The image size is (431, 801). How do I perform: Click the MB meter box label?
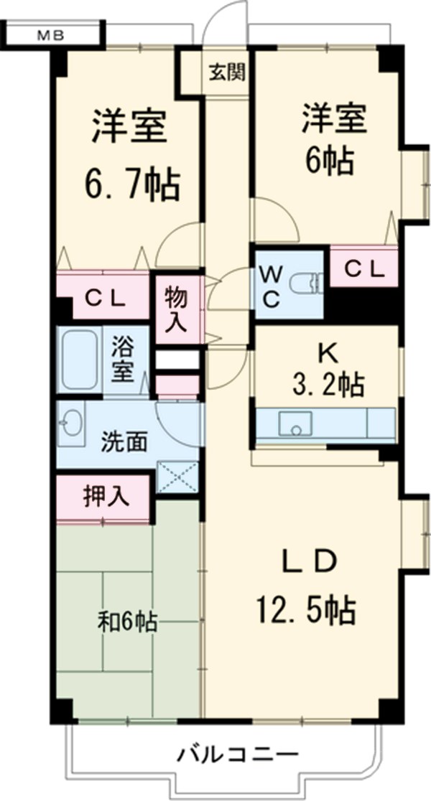click(x=50, y=35)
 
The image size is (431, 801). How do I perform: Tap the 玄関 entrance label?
click(x=227, y=72)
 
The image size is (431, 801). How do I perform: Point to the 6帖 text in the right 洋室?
click(x=329, y=161)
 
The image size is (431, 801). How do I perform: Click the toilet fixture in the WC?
click(x=305, y=284)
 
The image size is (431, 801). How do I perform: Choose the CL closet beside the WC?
click(x=363, y=267)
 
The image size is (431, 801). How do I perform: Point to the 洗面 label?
click(x=124, y=442)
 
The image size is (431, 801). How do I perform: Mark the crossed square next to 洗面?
click(x=177, y=476)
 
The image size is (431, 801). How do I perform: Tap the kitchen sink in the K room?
click(x=295, y=423)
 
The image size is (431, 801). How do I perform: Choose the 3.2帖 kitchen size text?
click(x=328, y=385)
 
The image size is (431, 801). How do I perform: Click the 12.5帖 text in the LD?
click(x=305, y=609)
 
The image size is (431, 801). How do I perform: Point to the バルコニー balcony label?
click(x=237, y=753)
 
